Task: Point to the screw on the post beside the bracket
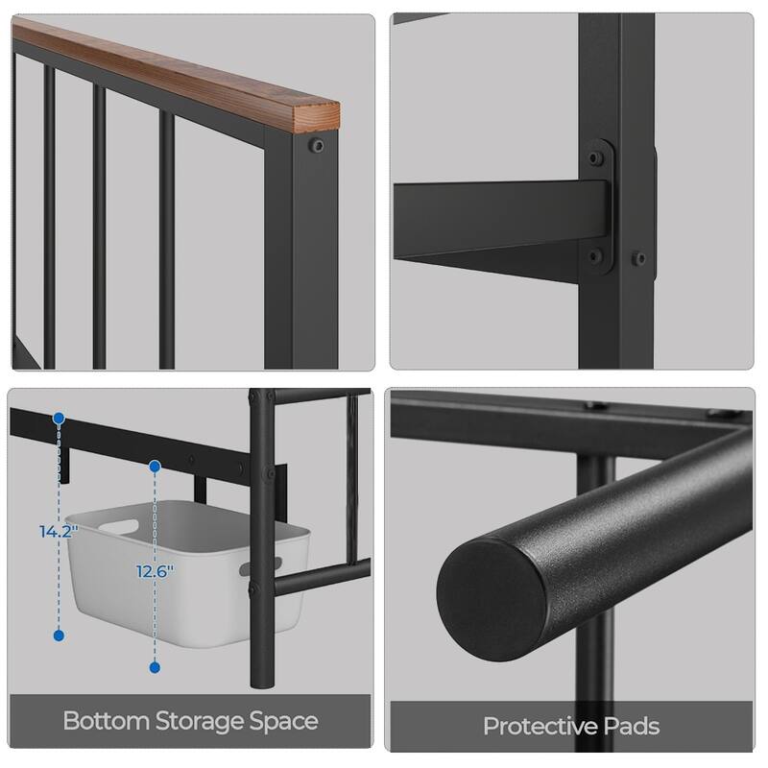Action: click(636, 257)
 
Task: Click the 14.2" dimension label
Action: click(59, 530)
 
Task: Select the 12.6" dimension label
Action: click(154, 570)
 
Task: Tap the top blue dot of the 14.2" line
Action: click(60, 420)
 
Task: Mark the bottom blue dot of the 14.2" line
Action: click(60, 636)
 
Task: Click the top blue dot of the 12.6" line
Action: click(154, 467)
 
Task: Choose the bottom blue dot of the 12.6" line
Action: click(154, 666)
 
